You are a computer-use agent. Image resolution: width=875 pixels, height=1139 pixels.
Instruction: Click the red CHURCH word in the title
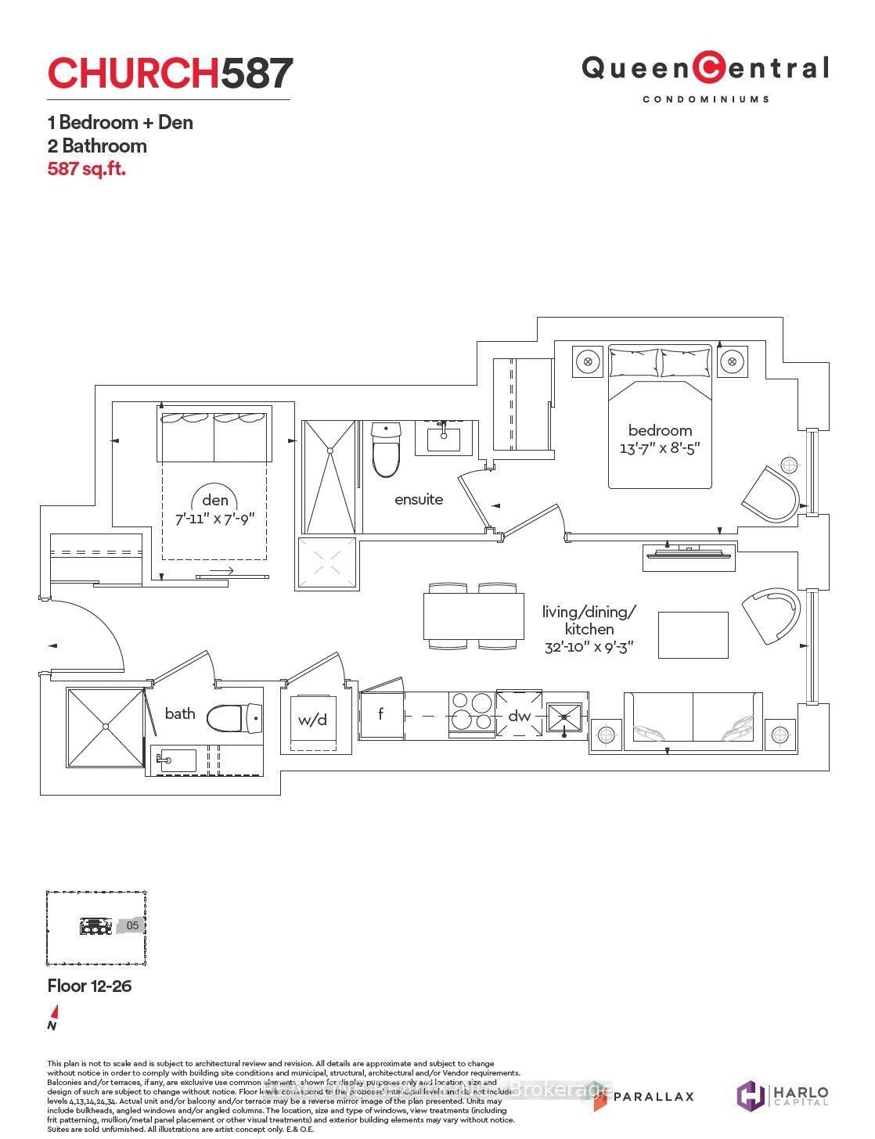[133, 74]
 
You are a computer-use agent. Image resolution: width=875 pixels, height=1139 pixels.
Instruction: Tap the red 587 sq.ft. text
[87, 168]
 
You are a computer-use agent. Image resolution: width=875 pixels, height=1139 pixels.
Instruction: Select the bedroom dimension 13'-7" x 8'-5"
[660, 448]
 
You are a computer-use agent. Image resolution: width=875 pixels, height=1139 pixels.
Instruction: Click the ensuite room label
[419, 499]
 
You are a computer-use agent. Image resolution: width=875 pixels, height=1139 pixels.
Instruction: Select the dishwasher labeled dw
[520, 715]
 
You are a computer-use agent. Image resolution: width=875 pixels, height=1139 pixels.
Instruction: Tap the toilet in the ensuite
[386, 450]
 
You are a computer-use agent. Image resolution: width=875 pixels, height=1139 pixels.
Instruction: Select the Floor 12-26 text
[89, 986]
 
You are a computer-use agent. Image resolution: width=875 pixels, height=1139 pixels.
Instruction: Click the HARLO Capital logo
[783, 1094]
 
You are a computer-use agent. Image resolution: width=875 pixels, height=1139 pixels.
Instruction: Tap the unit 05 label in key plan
[132, 925]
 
